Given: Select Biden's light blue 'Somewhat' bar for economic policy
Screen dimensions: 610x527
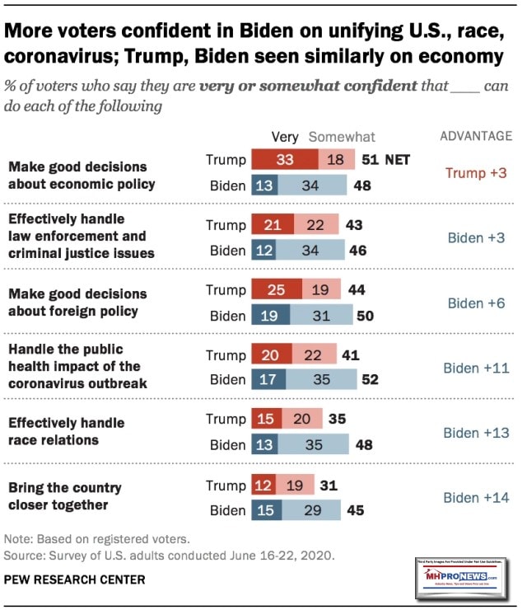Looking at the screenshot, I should tap(310, 185).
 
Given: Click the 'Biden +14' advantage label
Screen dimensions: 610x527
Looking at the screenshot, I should tap(477, 498).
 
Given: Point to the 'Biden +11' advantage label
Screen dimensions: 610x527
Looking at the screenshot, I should tap(477, 368).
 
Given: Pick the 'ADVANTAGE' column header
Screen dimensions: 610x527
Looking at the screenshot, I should tap(477, 136).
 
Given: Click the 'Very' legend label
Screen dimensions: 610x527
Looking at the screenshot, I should tap(285, 137).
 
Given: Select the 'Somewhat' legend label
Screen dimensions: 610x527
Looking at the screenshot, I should tap(342, 137).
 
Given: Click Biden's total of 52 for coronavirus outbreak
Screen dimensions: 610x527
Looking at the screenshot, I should tap(371, 380).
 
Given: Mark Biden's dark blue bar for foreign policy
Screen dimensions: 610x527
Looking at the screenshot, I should tap(270, 315).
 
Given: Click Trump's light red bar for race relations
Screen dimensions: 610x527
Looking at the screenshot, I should tap(302, 420).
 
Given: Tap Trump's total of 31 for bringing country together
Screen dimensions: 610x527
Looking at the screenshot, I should tap(329, 486).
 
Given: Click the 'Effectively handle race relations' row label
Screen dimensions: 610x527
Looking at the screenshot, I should tap(66, 431).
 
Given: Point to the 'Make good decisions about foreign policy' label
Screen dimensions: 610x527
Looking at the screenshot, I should tap(77, 303).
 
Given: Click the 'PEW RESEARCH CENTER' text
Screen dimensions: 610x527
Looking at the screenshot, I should tap(75, 579).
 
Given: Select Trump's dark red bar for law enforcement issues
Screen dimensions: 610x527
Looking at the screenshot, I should tap(273, 225).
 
